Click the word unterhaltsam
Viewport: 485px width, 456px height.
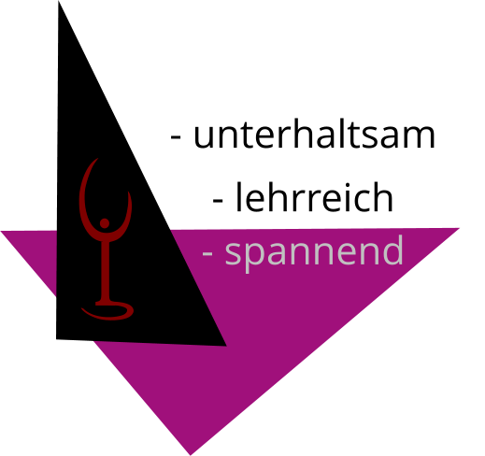(314, 134)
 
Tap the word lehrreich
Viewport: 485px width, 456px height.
(314, 197)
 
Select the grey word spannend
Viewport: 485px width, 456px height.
(314, 253)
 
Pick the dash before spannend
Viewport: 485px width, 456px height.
(207, 254)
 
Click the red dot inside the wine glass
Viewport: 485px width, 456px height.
(105, 223)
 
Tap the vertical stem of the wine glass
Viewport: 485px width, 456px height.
(105, 271)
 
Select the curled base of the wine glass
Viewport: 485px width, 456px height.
(107, 311)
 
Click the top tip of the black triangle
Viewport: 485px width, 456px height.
(59, 1)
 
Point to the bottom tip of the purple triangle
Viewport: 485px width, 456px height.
(191, 455)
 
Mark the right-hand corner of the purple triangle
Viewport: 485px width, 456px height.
(459, 228)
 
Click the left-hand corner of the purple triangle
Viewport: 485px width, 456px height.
(1, 232)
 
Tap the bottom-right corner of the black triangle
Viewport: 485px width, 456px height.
(226, 346)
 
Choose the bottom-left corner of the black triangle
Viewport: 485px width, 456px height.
(56, 339)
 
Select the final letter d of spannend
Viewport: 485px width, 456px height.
(393, 250)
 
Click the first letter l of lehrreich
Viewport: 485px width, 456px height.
(238, 197)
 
